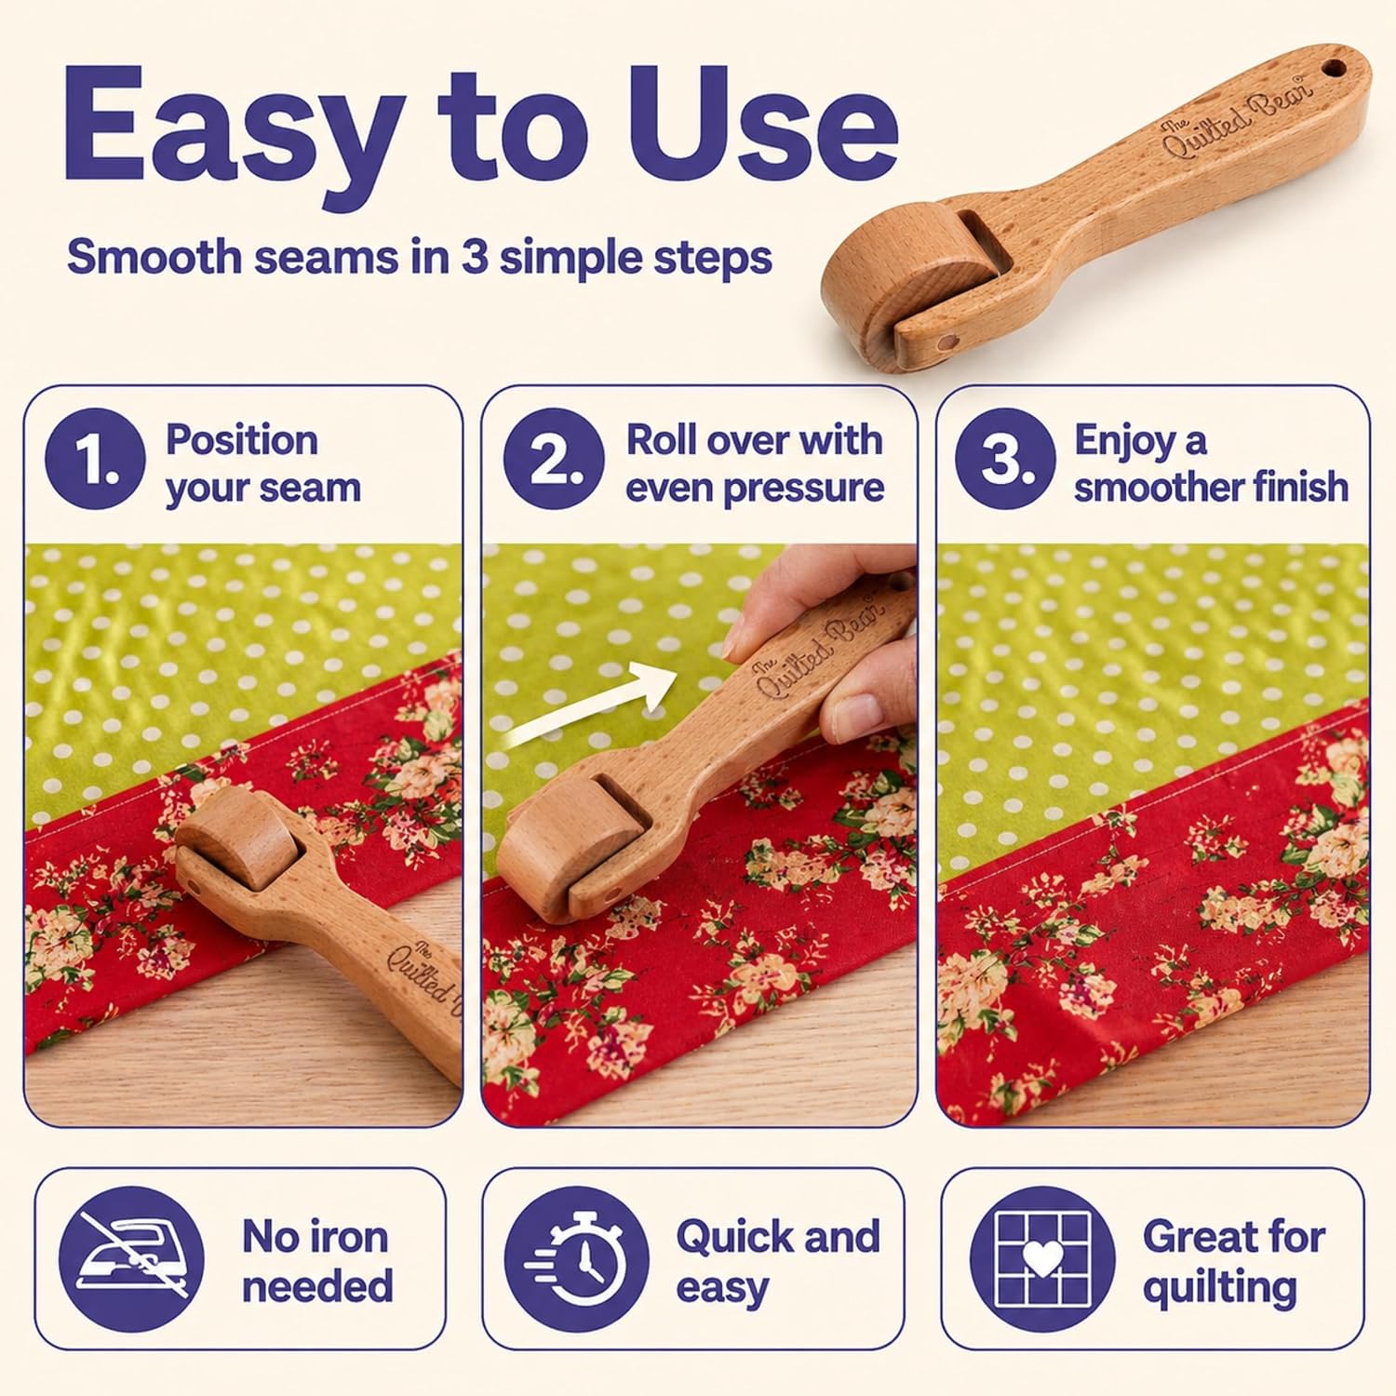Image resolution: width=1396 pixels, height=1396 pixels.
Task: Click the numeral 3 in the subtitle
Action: coord(475,256)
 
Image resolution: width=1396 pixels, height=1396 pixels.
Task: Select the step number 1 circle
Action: coord(95,459)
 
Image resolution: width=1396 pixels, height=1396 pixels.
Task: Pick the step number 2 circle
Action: coord(554,459)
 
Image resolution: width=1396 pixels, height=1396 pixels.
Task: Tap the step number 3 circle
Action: coord(1005,459)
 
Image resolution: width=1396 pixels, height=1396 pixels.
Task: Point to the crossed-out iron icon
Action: coord(131,1259)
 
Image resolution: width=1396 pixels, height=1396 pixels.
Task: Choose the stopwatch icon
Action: coord(577,1259)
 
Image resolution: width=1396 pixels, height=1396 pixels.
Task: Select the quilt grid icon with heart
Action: coord(1042,1259)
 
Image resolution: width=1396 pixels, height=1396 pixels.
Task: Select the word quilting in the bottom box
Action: coord(1220,1289)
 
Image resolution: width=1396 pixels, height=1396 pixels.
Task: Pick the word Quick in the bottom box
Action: coord(735,1237)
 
